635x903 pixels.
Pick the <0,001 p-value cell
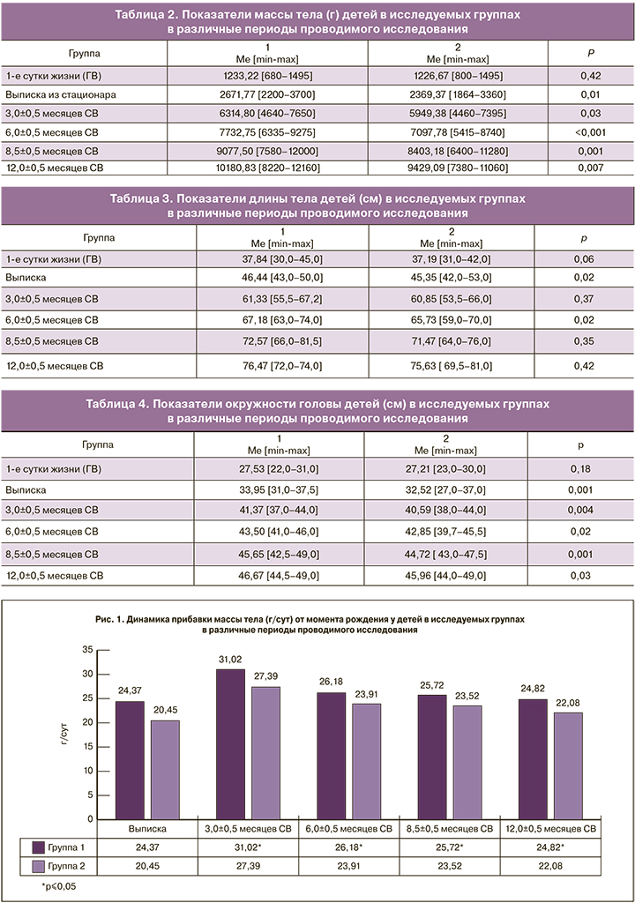pyautogui.click(x=590, y=131)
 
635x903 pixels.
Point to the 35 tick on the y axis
pyautogui.click(x=86, y=650)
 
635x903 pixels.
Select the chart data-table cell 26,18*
pyautogui.click(x=348, y=847)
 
